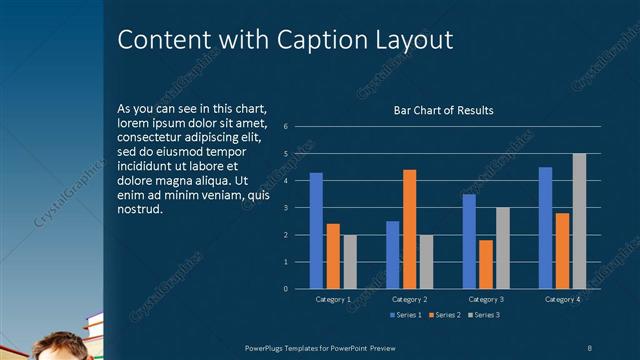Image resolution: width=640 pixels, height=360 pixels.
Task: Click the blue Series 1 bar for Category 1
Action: point(316,231)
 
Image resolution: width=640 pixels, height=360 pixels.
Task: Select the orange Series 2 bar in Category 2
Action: point(409,229)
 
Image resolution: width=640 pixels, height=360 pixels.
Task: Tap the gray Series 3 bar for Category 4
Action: point(579,221)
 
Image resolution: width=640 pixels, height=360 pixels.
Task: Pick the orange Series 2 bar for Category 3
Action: point(486,264)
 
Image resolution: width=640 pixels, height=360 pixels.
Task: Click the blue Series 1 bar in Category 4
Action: point(545,228)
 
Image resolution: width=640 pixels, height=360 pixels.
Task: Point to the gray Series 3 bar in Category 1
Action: point(350,262)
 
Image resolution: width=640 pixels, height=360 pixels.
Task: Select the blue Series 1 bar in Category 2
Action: point(392,255)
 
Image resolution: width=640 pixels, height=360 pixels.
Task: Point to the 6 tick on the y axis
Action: point(286,127)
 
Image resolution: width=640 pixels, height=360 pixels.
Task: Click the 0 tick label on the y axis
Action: point(286,289)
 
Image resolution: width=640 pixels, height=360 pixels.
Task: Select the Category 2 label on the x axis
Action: point(410,299)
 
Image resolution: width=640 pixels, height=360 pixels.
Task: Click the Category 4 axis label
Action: point(562,299)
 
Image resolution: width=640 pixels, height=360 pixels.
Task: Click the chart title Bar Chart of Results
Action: point(444,110)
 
